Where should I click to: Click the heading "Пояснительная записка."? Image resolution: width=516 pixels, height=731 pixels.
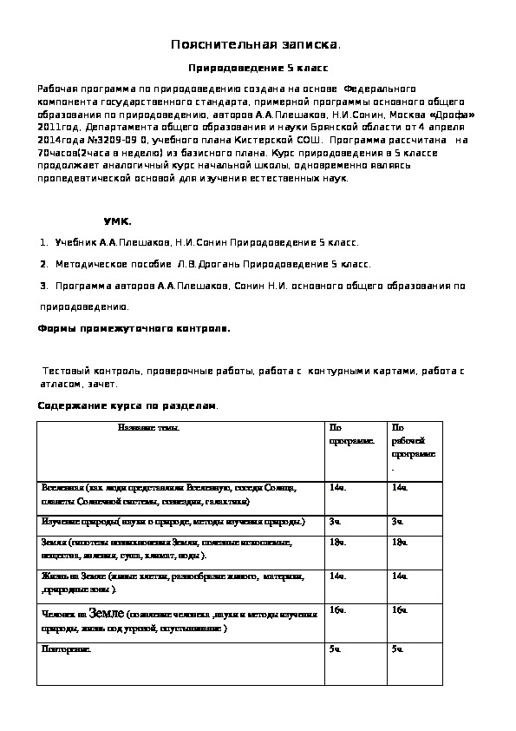tap(256, 43)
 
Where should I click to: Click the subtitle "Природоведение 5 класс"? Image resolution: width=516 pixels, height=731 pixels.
tap(259, 67)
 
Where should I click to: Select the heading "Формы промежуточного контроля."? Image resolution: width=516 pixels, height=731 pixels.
tap(135, 329)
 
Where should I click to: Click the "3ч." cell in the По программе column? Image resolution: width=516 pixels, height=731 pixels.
tap(336, 521)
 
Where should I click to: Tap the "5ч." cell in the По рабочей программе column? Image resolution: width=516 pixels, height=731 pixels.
tap(398, 649)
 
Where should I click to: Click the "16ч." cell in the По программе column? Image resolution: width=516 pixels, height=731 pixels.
tap(337, 611)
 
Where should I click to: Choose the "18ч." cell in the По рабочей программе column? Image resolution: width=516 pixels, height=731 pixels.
tap(400, 543)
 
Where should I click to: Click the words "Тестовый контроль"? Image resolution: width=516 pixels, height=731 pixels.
tap(83, 371)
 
